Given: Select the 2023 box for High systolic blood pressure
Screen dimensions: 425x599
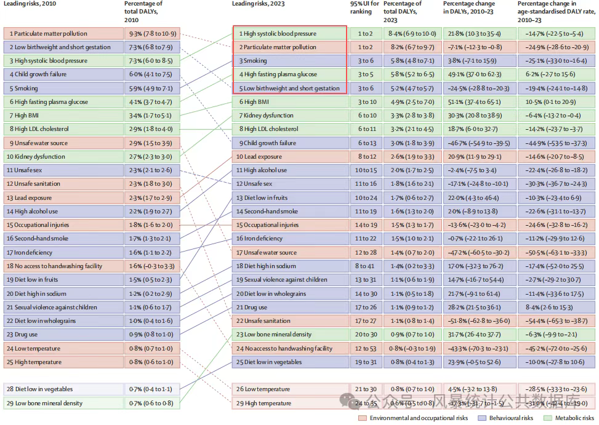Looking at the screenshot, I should click(289, 33).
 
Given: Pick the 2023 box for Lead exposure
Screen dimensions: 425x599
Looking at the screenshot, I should click(289, 157).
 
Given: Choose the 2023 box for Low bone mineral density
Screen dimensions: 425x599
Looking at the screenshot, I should click(289, 335).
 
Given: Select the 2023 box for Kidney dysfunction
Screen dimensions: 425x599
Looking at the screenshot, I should click(289, 116).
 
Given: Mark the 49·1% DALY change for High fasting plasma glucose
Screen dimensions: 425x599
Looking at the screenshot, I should click(471, 74).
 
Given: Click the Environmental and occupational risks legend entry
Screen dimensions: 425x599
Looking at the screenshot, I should click(414, 418).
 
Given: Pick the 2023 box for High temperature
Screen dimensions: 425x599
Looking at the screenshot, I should click(289, 403).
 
